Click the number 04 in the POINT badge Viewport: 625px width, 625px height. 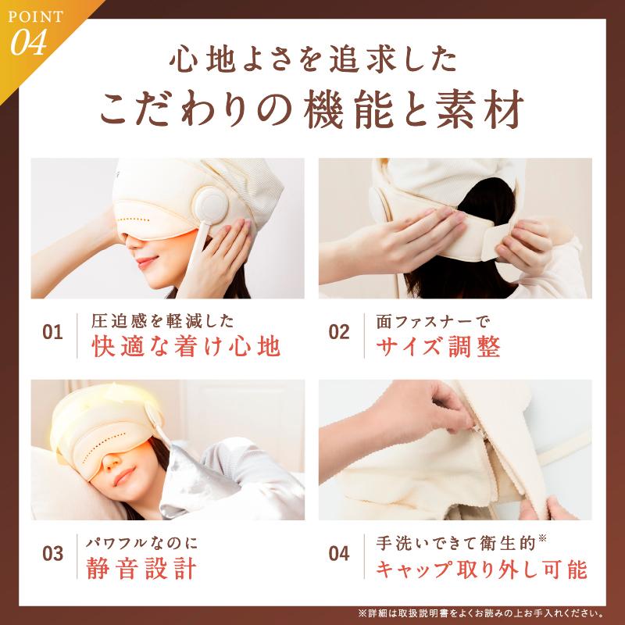click(30, 41)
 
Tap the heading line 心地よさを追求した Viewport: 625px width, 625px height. click(312, 60)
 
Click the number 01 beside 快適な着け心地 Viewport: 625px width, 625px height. click(52, 333)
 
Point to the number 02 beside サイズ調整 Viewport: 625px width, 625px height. click(339, 333)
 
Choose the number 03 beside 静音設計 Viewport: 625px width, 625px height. click(52, 555)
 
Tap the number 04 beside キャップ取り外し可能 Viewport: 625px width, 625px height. click(339, 555)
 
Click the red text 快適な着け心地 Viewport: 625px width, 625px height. click(185, 347)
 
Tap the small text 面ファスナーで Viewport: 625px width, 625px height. click(424, 321)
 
